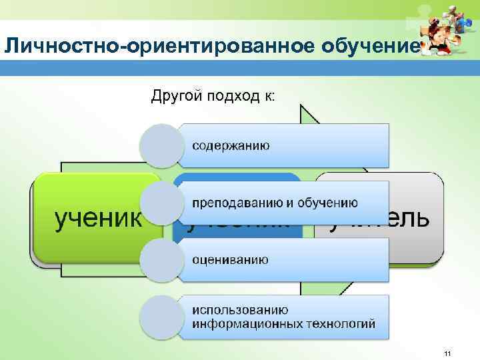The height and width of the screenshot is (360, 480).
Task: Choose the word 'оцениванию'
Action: [x=230, y=259]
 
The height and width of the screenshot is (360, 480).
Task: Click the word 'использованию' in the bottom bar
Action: [x=240, y=310]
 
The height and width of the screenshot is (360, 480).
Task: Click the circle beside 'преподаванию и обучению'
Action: [x=162, y=203]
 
